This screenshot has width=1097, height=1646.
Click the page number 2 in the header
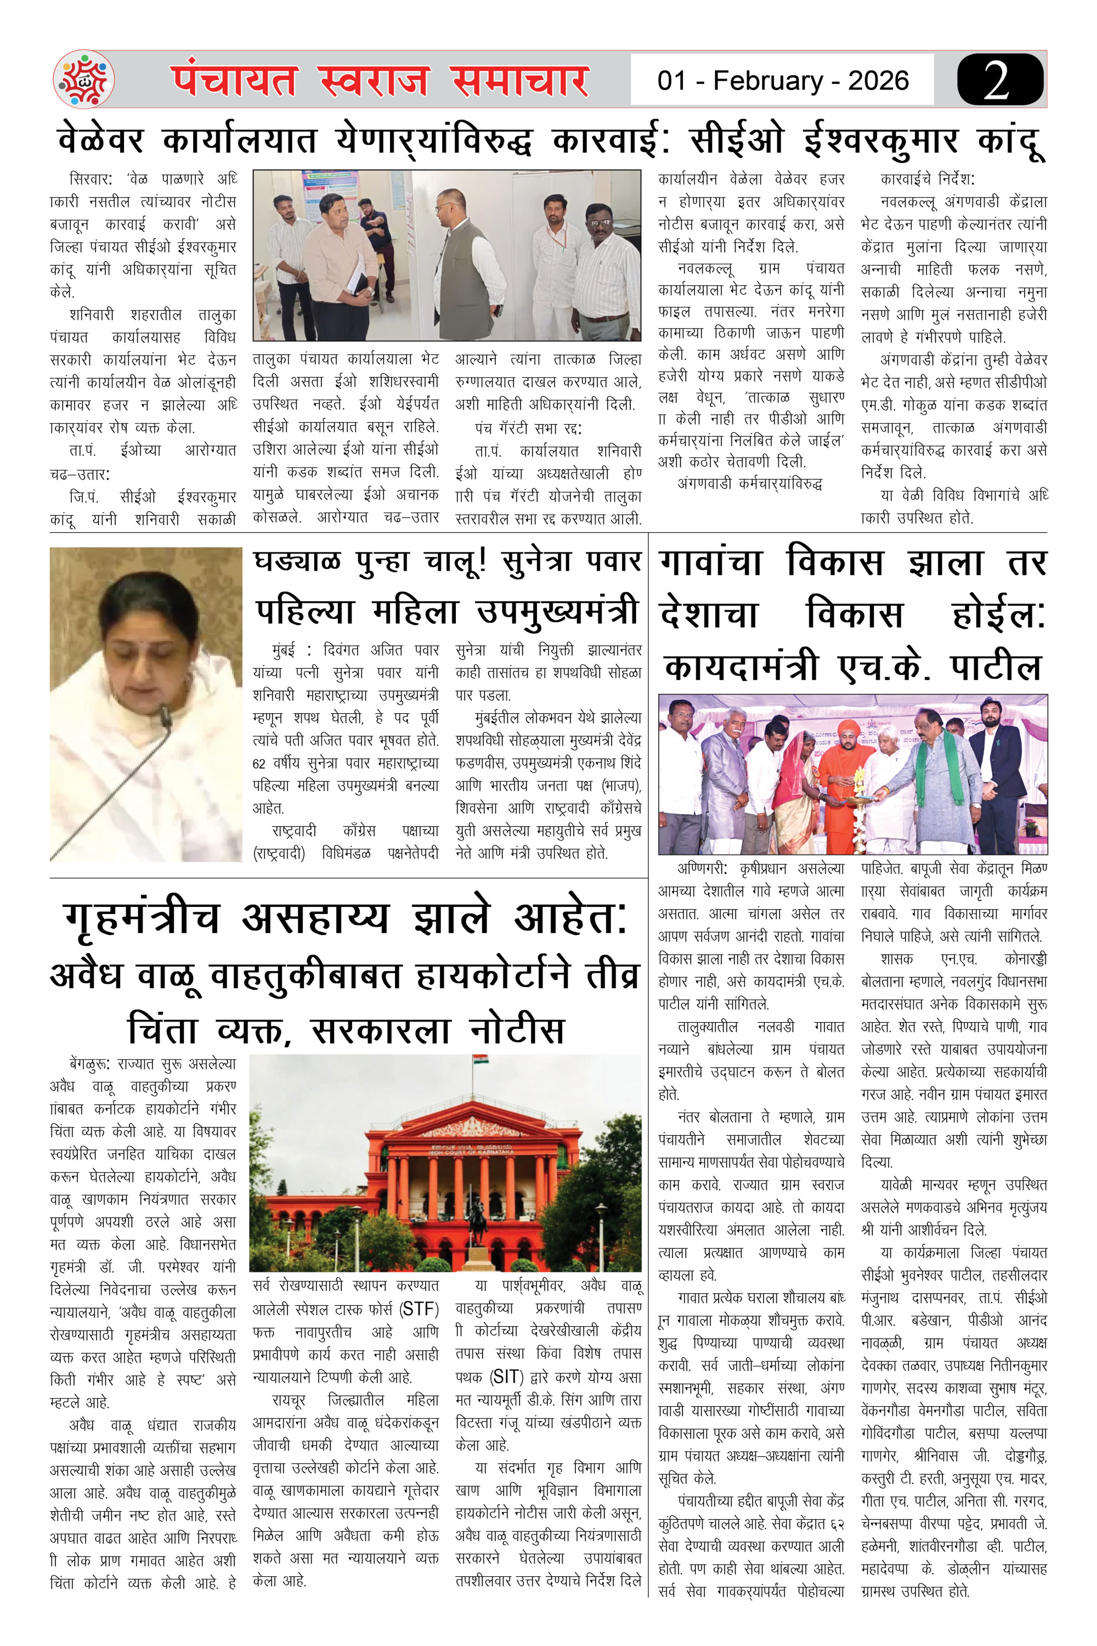[997, 80]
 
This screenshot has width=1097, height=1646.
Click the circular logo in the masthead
[84, 79]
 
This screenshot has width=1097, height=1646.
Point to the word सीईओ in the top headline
[737, 140]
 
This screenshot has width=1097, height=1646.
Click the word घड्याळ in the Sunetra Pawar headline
[297, 562]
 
